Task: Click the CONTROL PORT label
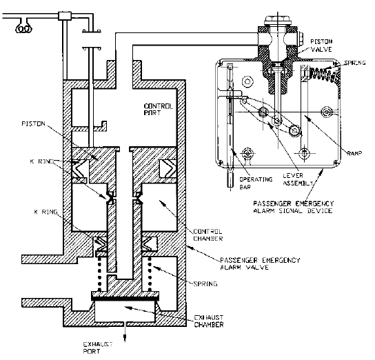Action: coord(158,110)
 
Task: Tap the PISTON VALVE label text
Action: coord(321,46)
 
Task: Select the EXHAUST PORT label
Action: coord(98,348)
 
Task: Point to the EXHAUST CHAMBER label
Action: coord(209,321)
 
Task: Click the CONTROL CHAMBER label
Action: coord(207,235)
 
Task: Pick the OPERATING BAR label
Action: coord(256,183)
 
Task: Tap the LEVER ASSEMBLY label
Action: coord(298,179)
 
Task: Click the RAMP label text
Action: coord(354,153)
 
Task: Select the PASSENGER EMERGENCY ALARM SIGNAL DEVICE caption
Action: coord(293,207)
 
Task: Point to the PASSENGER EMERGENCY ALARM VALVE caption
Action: coord(260,263)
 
